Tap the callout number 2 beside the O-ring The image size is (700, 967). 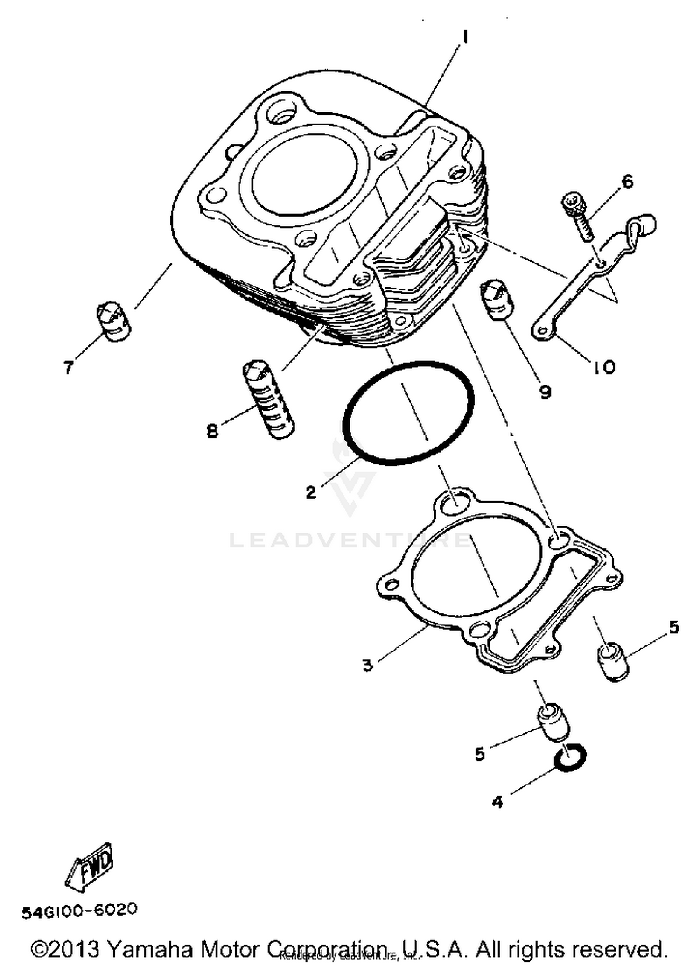[x=311, y=492]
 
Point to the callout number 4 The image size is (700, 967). [x=497, y=802]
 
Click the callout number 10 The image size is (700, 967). [x=605, y=367]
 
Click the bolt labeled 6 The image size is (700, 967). [x=578, y=217]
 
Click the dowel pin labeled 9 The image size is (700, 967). [x=497, y=300]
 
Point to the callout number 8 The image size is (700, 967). [x=212, y=431]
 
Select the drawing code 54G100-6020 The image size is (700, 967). [x=79, y=910]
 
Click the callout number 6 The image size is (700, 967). [x=628, y=182]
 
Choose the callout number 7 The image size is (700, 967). [x=69, y=368]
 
